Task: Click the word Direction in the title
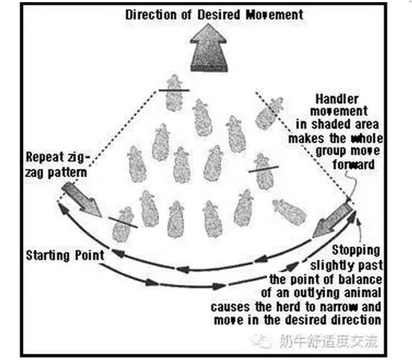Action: tap(152, 15)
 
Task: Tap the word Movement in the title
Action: tap(274, 15)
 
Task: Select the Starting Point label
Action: tap(65, 255)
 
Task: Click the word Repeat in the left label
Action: tap(45, 158)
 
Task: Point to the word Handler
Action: tap(337, 100)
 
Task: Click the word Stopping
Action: tap(355, 251)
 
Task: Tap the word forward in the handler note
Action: tap(353, 165)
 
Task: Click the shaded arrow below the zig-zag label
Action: tap(82, 199)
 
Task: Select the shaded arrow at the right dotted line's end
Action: tap(333, 221)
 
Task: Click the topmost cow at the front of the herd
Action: tap(174, 93)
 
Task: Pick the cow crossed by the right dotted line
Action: tap(268, 113)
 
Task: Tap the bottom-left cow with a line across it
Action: tap(123, 225)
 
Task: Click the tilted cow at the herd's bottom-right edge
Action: tap(289, 212)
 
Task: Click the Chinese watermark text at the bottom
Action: tap(329, 341)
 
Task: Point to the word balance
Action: tap(360, 280)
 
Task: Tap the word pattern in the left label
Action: tap(67, 173)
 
